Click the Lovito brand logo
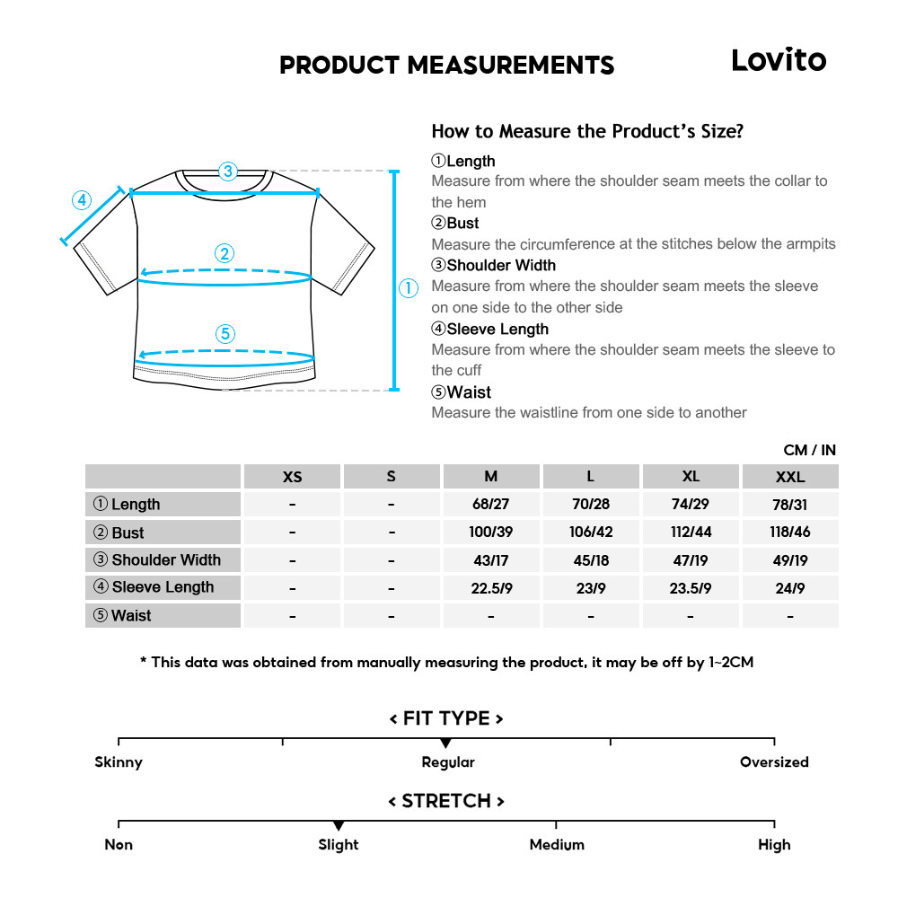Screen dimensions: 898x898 [778, 60]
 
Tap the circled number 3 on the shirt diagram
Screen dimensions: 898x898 [227, 171]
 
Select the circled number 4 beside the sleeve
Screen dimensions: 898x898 [82, 199]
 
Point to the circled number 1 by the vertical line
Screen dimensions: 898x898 [409, 288]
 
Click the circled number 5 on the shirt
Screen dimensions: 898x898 [225, 334]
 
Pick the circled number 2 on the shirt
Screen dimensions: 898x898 [225, 253]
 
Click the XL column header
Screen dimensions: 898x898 [691, 477]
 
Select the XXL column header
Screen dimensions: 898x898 [790, 477]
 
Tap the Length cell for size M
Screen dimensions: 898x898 [490, 505]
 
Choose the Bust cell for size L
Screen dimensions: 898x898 [591, 533]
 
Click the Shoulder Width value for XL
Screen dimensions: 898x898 [691, 560]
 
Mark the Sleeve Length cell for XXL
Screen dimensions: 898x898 [790, 588]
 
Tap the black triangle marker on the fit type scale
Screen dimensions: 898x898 [445, 744]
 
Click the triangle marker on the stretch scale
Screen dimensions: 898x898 [339, 825]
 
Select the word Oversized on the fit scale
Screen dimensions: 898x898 [774, 762]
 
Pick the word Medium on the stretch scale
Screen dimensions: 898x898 [557, 845]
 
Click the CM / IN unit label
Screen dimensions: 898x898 [809, 450]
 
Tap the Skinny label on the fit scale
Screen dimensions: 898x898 [119, 762]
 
